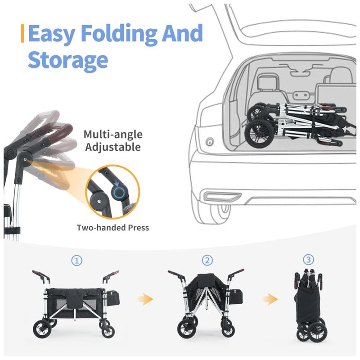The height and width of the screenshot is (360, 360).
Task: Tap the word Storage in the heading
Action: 68,60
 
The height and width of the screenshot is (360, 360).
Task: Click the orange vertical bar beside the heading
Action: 22,33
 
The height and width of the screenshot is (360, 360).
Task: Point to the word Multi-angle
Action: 113,135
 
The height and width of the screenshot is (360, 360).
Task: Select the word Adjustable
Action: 113,147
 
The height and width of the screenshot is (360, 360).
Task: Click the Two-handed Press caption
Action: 113,228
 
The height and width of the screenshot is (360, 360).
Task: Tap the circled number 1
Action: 76,261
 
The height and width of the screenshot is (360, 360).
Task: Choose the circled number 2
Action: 207,261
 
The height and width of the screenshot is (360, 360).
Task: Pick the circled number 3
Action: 308,260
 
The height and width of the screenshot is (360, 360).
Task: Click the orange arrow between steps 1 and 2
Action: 145,299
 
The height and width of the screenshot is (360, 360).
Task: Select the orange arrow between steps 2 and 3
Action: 270,299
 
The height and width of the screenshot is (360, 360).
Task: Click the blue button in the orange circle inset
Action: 119,192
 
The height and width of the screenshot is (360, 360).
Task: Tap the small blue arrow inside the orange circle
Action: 117,183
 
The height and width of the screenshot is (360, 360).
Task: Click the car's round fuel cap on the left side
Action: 210,142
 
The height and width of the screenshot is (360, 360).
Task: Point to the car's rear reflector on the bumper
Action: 222,196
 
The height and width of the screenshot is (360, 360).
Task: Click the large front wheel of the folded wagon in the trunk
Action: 259,134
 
